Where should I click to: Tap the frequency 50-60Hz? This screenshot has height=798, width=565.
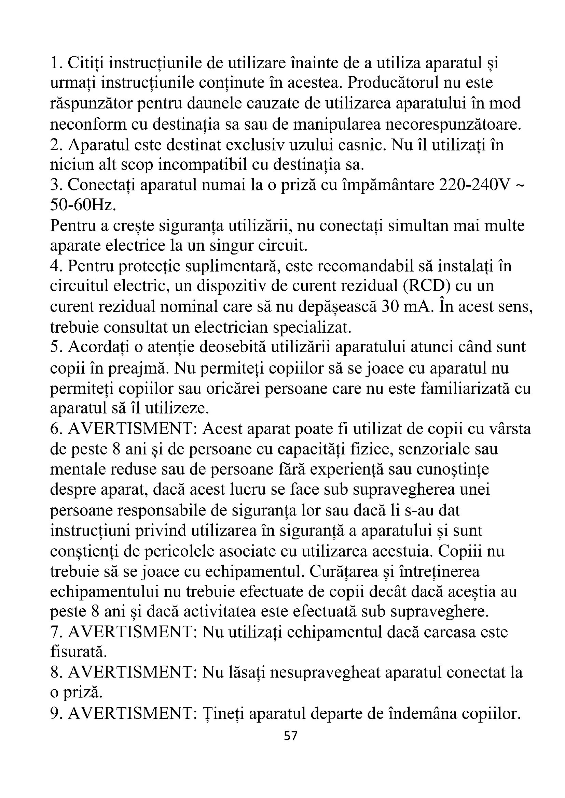[82, 205]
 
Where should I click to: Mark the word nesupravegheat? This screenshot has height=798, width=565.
[325, 672]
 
